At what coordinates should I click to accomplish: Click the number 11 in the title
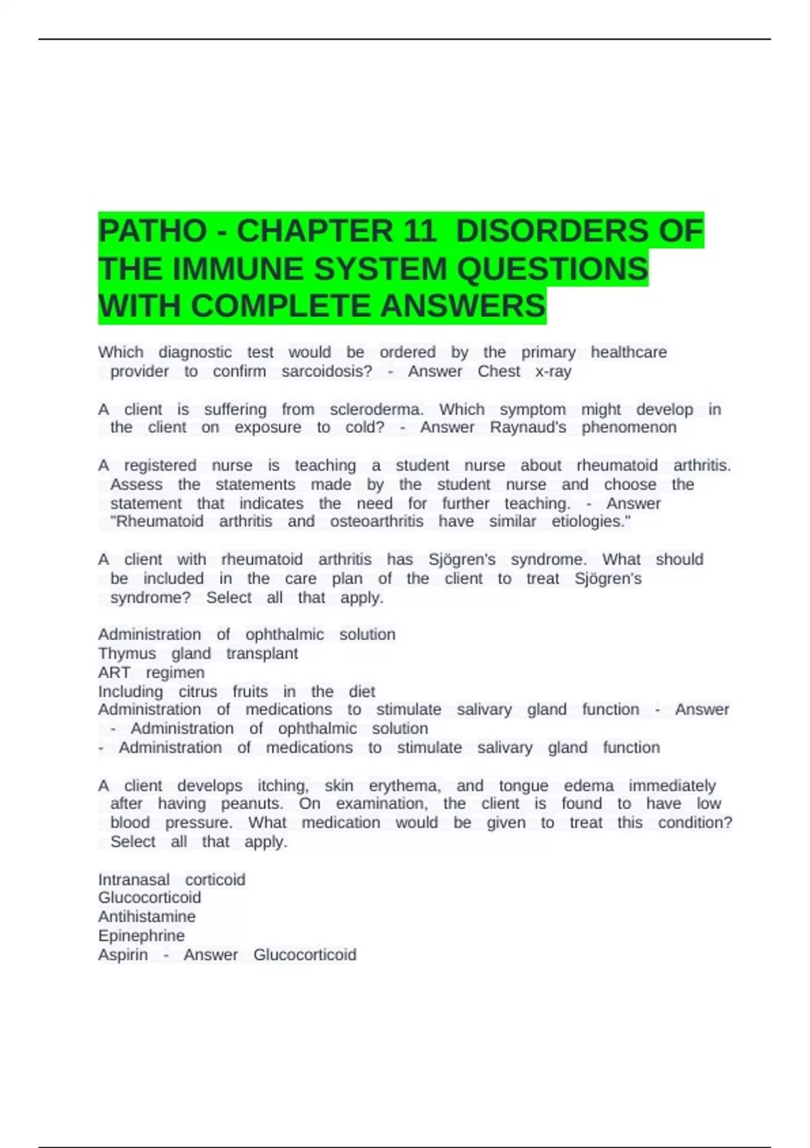click(419, 231)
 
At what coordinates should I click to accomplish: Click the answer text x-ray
click(553, 371)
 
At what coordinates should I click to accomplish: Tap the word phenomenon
click(628, 427)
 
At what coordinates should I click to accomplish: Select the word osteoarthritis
click(377, 521)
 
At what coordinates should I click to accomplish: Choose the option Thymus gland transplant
click(198, 654)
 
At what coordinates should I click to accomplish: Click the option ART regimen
click(151, 673)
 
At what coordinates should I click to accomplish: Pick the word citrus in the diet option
click(198, 692)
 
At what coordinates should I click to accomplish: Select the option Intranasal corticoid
click(171, 879)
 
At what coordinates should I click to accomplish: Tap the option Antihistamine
click(147, 916)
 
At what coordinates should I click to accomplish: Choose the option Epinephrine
click(141, 935)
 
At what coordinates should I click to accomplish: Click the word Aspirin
click(123, 954)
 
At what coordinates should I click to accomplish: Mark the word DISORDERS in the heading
click(579, 231)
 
